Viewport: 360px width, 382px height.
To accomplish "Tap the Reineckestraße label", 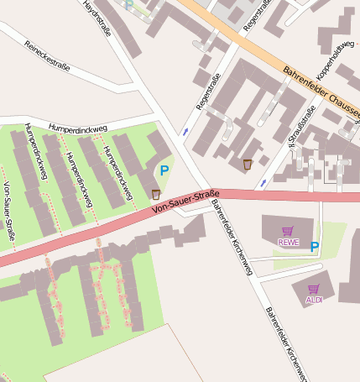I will tap(46, 53).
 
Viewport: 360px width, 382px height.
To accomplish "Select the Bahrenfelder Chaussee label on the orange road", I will tap(320, 94).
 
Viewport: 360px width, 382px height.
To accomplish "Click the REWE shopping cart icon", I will tap(288, 231).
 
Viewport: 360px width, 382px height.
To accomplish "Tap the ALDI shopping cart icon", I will tap(314, 289).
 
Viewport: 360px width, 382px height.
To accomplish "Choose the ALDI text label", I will tap(314, 300).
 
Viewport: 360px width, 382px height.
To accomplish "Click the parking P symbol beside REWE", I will tap(315, 247).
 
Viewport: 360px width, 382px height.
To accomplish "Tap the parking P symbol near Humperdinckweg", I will tap(164, 170).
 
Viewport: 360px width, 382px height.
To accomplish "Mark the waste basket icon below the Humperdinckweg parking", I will tap(156, 195).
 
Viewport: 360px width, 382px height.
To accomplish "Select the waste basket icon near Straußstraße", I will tap(247, 164).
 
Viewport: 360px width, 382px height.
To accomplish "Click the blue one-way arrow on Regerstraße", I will tap(185, 132).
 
